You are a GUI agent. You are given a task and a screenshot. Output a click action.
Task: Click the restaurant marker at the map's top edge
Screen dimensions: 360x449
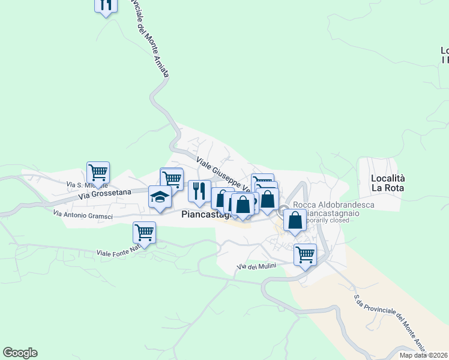point(105,5)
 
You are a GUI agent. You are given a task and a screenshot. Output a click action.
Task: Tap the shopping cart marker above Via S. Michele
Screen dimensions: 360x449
point(98,173)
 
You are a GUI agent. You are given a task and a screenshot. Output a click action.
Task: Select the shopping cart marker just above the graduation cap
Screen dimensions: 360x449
point(172,178)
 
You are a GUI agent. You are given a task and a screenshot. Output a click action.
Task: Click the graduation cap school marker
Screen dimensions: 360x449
point(160,197)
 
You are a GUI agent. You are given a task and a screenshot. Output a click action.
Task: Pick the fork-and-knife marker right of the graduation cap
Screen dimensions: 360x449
point(199,191)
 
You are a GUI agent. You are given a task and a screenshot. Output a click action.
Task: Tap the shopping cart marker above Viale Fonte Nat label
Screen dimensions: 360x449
point(144,232)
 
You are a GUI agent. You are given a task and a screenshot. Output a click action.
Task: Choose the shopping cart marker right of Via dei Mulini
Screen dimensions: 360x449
point(305,254)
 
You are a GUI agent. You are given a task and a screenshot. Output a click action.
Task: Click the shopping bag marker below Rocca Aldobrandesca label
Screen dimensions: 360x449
point(295,220)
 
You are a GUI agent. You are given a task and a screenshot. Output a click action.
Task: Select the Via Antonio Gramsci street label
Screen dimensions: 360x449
point(83,213)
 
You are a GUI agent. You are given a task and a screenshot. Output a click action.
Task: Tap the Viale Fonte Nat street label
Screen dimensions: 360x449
point(118,252)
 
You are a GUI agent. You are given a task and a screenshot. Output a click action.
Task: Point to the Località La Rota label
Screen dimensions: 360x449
point(388,182)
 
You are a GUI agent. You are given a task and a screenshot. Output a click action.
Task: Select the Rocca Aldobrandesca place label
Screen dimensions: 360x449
point(334,205)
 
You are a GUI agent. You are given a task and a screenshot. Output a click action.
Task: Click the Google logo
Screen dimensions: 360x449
point(20,353)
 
